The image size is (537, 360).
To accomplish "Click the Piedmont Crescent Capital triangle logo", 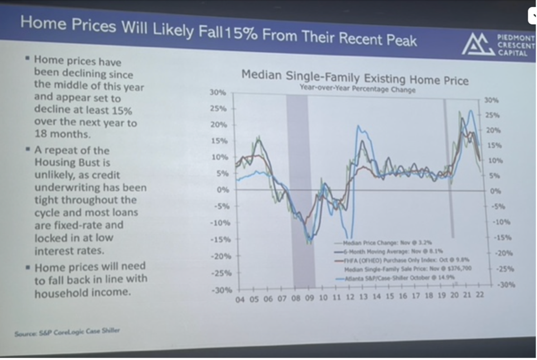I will pos(477,44).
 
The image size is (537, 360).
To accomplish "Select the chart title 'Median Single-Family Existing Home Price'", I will pos(355,77).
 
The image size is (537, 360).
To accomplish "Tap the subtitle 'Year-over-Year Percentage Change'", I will pos(358,89).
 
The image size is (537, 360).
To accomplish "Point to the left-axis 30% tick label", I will pos(218,92).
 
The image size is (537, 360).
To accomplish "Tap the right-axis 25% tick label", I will pos(491,115).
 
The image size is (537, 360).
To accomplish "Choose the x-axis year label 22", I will pos(479,294).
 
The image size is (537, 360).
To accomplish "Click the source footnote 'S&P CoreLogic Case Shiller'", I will pos(68,332).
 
